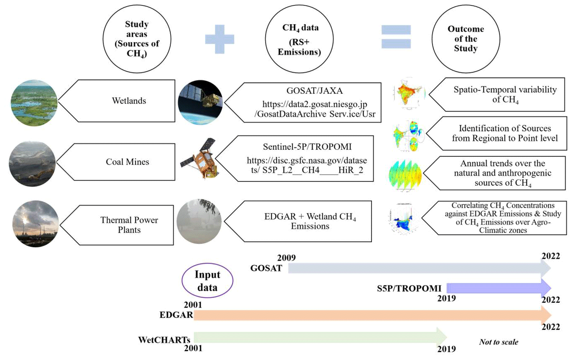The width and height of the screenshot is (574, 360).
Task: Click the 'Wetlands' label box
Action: pyautogui.click(x=121, y=101)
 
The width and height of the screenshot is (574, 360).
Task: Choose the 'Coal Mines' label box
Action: pyautogui.click(x=121, y=162)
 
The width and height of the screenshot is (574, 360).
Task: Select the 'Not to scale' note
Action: pyautogui.click(x=498, y=342)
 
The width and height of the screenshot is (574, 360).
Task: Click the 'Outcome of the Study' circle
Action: pyautogui.click(x=465, y=38)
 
